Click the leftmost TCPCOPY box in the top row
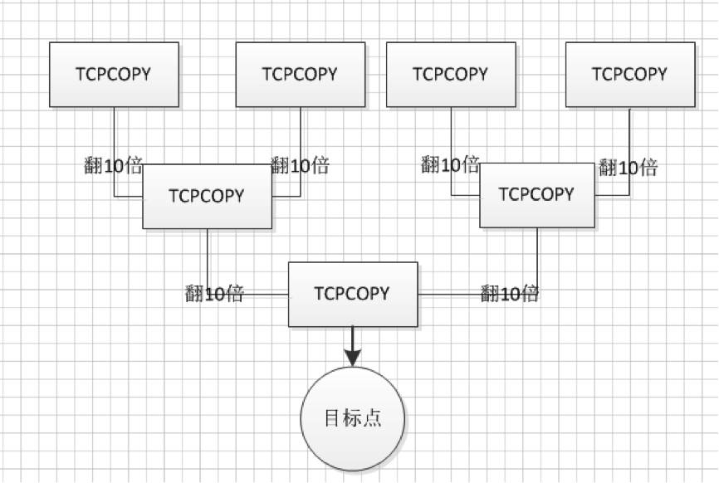(x=114, y=75)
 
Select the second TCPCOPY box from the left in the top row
(x=300, y=75)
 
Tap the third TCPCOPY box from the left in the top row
(x=451, y=75)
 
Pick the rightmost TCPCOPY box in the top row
(x=629, y=75)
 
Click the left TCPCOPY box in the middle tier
(x=207, y=196)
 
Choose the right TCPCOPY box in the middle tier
(x=536, y=195)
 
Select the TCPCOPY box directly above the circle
(x=353, y=294)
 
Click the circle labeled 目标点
(x=353, y=418)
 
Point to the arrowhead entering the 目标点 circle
(x=353, y=357)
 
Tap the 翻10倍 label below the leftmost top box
(x=114, y=165)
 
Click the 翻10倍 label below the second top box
(x=300, y=165)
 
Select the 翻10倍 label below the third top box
(x=450, y=163)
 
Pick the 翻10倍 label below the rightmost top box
(x=629, y=168)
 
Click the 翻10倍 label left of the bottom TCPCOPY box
(x=214, y=293)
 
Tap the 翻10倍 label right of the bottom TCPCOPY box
(x=510, y=293)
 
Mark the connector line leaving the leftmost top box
(x=115, y=133)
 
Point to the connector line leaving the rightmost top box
(x=629, y=133)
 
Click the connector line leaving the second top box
(x=301, y=133)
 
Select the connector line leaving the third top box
(x=452, y=133)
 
